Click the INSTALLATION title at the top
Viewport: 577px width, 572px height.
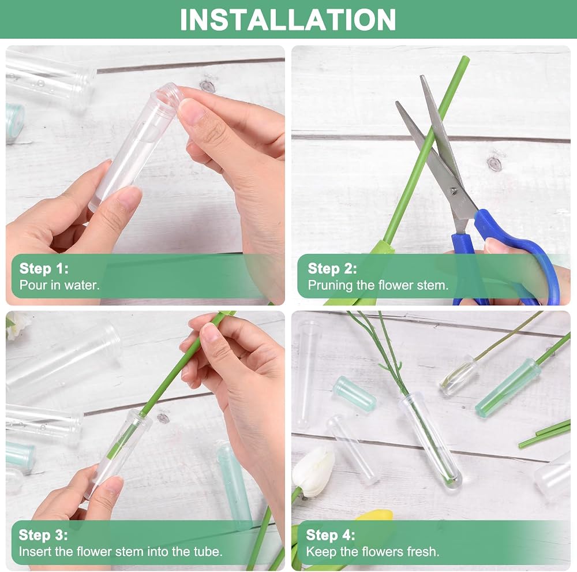click(x=288, y=20)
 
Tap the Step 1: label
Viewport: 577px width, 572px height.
click(x=44, y=268)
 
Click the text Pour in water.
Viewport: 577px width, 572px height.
click(x=59, y=285)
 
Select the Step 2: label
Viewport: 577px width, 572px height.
click(x=332, y=268)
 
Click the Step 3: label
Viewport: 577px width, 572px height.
click(x=43, y=535)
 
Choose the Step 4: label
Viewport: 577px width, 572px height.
click(x=331, y=535)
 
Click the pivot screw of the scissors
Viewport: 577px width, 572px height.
click(x=454, y=190)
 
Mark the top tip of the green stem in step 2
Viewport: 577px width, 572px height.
click(x=467, y=58)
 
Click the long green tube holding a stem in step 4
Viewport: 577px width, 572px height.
click(x=508, y=388)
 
